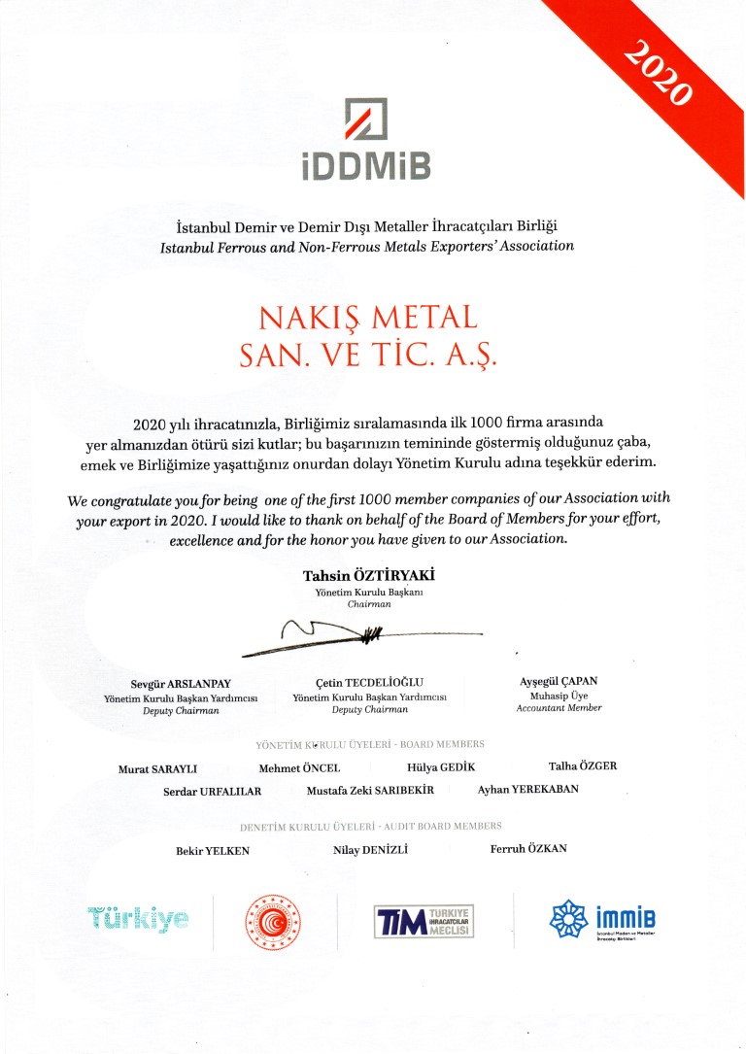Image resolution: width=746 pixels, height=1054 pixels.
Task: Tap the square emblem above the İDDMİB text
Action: (365, 119)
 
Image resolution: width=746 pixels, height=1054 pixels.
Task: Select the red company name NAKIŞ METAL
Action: (368, 319)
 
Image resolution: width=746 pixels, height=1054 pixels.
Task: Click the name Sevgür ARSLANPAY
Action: (181, 683)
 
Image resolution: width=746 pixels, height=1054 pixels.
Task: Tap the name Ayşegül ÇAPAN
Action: (559, 681)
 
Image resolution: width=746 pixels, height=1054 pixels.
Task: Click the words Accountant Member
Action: (559, 708)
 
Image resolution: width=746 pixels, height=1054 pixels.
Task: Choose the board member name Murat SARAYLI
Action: (158, 768)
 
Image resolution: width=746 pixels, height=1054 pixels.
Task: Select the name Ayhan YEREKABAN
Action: (527, 789)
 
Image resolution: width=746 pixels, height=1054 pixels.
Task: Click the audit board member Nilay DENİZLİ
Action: (370, 850)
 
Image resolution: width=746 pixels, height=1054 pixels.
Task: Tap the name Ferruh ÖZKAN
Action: (529, 849)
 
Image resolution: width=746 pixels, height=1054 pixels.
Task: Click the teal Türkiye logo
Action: (138, 918)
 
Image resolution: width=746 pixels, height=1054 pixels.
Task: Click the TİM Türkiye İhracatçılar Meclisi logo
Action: (424, 919)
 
